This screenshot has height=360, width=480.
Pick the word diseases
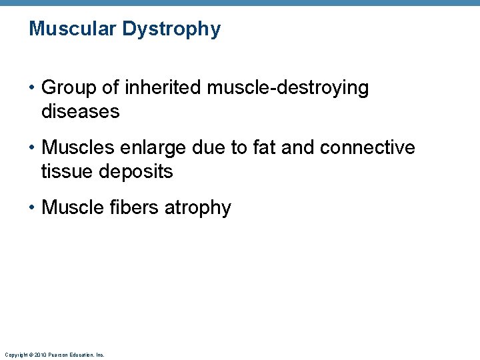click(80, 111)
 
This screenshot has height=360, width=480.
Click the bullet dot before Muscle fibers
click(33, 208)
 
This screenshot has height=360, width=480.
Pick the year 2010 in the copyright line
click(39, 355)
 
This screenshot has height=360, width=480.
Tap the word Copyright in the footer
click(16, 355)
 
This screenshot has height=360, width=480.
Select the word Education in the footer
click(80, 355)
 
